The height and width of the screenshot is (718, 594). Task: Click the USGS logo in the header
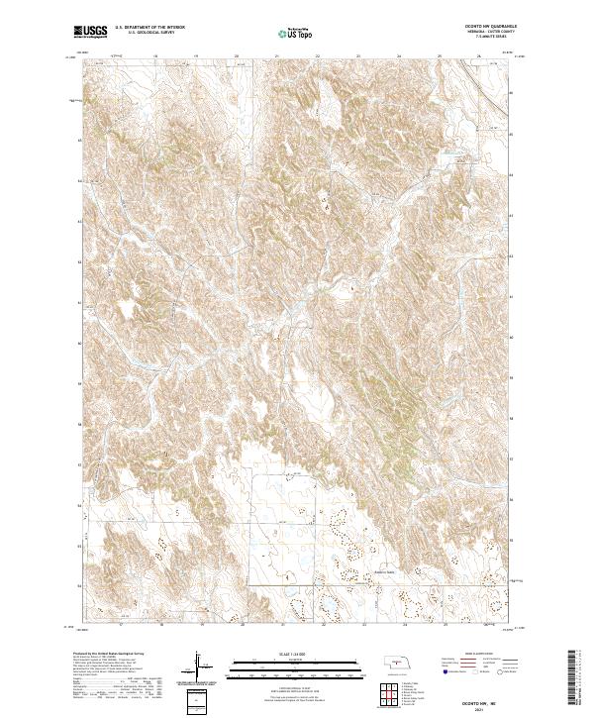tap(90, 33)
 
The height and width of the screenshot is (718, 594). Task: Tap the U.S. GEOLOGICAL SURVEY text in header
tap(145, 34)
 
